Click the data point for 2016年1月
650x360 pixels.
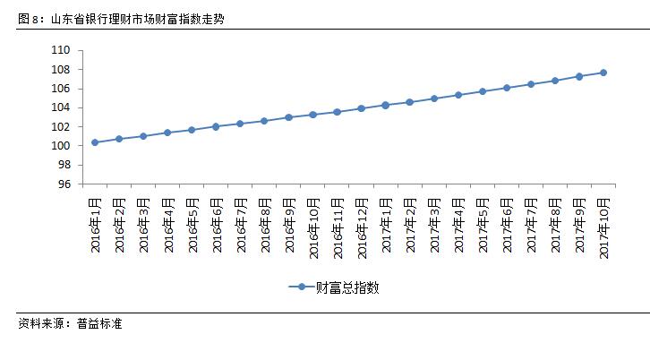[95, 142]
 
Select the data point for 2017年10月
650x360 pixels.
[603, 73]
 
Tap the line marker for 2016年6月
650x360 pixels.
[216, 126]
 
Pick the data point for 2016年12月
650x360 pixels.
[362, 108]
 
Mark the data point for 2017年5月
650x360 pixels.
[483, 91]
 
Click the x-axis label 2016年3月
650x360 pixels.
[143, 223]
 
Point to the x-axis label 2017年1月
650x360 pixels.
[386, 223]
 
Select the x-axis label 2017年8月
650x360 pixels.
[555, 223]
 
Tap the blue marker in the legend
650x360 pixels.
[301, 287]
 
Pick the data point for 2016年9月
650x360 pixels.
[288, 117]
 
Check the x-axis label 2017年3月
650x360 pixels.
[434, 223]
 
